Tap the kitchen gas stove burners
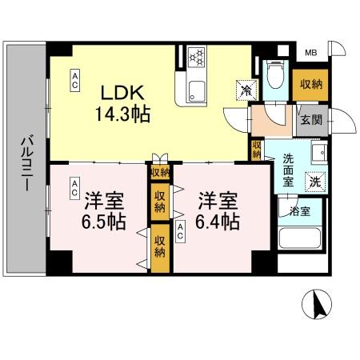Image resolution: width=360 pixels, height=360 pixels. click(x=196, y=58)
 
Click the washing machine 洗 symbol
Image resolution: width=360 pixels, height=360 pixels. click(x=318, y=182)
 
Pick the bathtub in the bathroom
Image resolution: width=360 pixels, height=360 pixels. click(x=301, y=241)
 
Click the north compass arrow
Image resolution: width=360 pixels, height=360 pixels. click(x=318, y=305)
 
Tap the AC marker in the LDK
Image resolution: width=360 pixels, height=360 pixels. click(x=74, y=78)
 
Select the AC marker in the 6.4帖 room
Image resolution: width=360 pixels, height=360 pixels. click(x=182, y=231)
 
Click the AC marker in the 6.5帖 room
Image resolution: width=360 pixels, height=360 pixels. click(x=74, y=187)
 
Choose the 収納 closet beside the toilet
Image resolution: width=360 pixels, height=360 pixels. click(x=311, y=84)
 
